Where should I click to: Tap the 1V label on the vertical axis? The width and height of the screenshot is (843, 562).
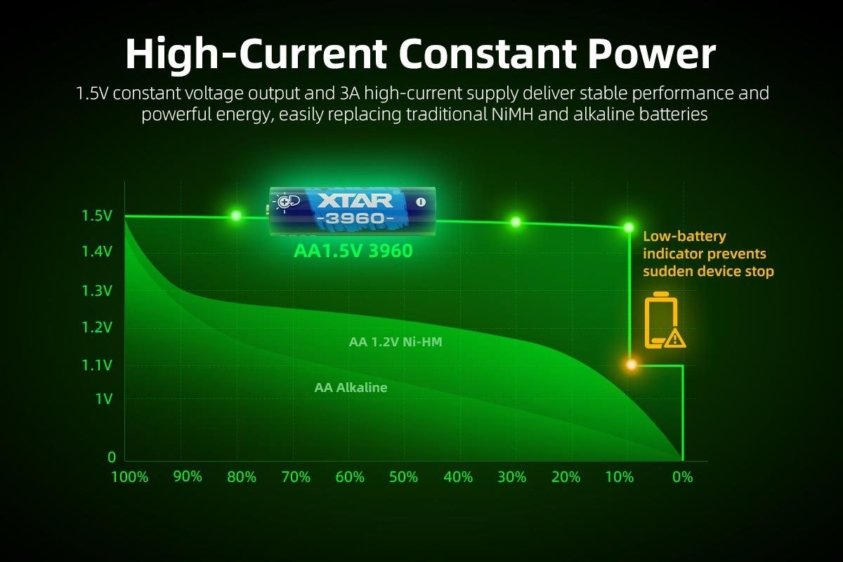tap(103, 399)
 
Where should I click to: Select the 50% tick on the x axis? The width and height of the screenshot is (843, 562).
tap(403, 477)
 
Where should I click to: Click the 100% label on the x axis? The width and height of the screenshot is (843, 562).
tap(130, 477)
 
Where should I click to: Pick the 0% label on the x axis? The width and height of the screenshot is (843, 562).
tap(682, 477)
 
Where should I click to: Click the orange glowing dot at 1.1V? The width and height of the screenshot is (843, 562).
tap(631, 365)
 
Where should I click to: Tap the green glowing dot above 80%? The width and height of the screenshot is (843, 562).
tap(236, 216)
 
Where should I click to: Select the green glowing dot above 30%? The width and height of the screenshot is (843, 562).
tap(516, 222)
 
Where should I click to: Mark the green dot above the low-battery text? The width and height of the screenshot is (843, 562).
tap(629, 227)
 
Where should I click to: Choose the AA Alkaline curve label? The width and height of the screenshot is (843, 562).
tap(351, 387)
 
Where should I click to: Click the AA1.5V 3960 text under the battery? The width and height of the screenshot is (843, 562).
tap(352, 251)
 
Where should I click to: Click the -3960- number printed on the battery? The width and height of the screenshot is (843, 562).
tap(355, 218)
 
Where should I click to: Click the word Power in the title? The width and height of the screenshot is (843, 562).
tap(651, 54)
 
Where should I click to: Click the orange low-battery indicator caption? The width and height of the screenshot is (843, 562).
tap(707, 254)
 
